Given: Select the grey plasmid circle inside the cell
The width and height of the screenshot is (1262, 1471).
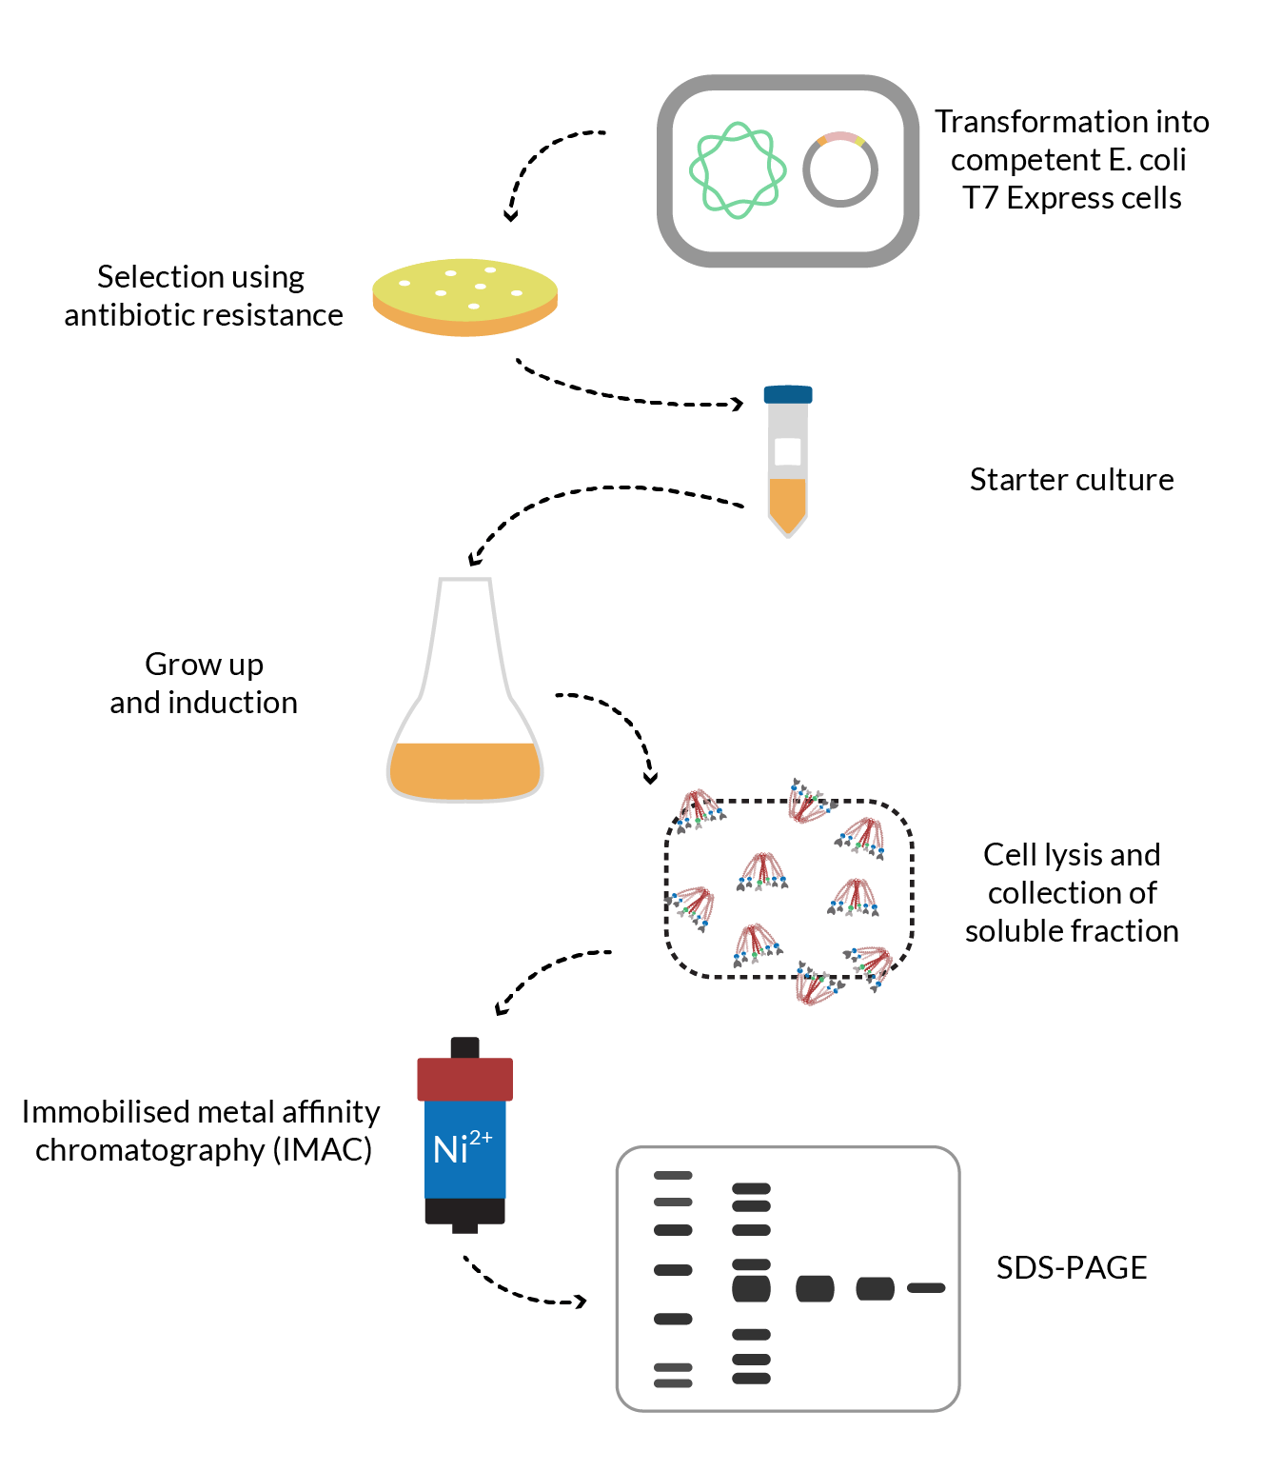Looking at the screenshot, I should (839, 169).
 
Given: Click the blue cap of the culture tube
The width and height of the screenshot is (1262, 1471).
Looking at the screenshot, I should (788, 394).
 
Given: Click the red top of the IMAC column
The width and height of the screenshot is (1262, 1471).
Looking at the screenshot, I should (464, 1079).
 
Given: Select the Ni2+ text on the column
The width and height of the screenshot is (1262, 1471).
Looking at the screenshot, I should (462, 1147).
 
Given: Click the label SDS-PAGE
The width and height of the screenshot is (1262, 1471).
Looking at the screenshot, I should (1071, 1268).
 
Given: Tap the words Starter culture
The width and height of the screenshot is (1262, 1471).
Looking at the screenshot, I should (1071, 480).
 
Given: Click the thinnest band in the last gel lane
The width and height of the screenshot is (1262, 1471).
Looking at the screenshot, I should (925, 1288).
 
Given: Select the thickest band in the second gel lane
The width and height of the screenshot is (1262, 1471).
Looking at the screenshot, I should (751, 1289).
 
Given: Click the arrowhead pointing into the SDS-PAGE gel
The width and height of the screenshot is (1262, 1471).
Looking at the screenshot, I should (580, 1301).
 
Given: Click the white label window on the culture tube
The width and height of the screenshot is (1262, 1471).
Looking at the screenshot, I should (788, 451).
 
